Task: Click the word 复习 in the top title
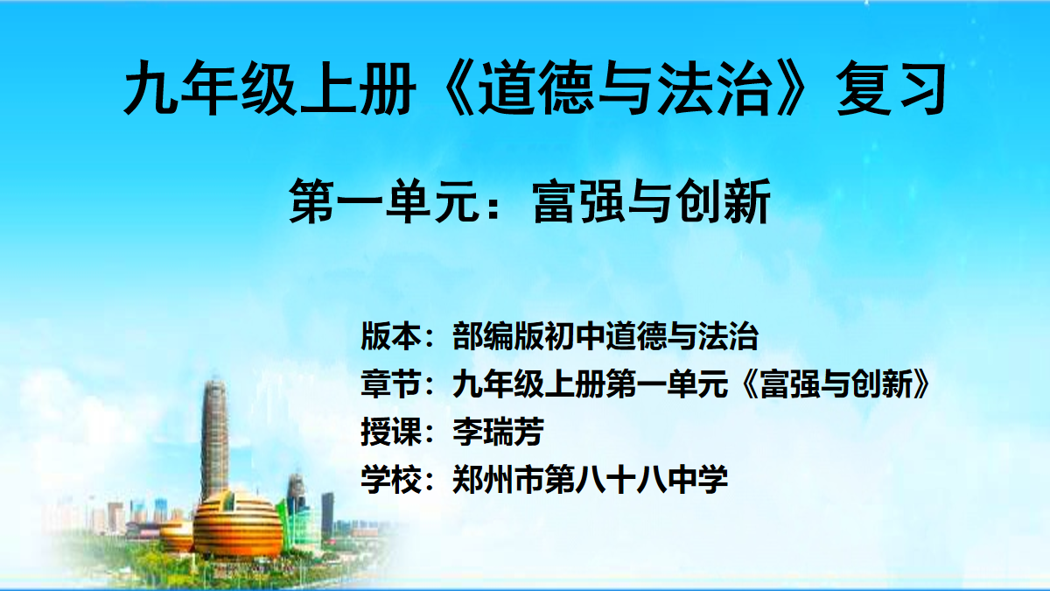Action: (891, 88)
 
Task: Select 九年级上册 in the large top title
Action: (269, 88)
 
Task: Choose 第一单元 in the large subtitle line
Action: (383, 201)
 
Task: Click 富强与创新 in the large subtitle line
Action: (652, 201)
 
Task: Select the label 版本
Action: (390, 336)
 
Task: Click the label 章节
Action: (390, 383)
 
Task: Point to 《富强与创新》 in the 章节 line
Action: (836, 383)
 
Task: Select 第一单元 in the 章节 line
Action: (667, 383)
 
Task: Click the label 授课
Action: (390, 432)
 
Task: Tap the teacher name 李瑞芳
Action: (498, 432)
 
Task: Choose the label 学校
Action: (390, 480)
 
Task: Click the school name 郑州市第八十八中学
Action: (590, 480)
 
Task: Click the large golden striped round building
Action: (238, 525)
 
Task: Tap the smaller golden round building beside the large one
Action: (177, 536)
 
